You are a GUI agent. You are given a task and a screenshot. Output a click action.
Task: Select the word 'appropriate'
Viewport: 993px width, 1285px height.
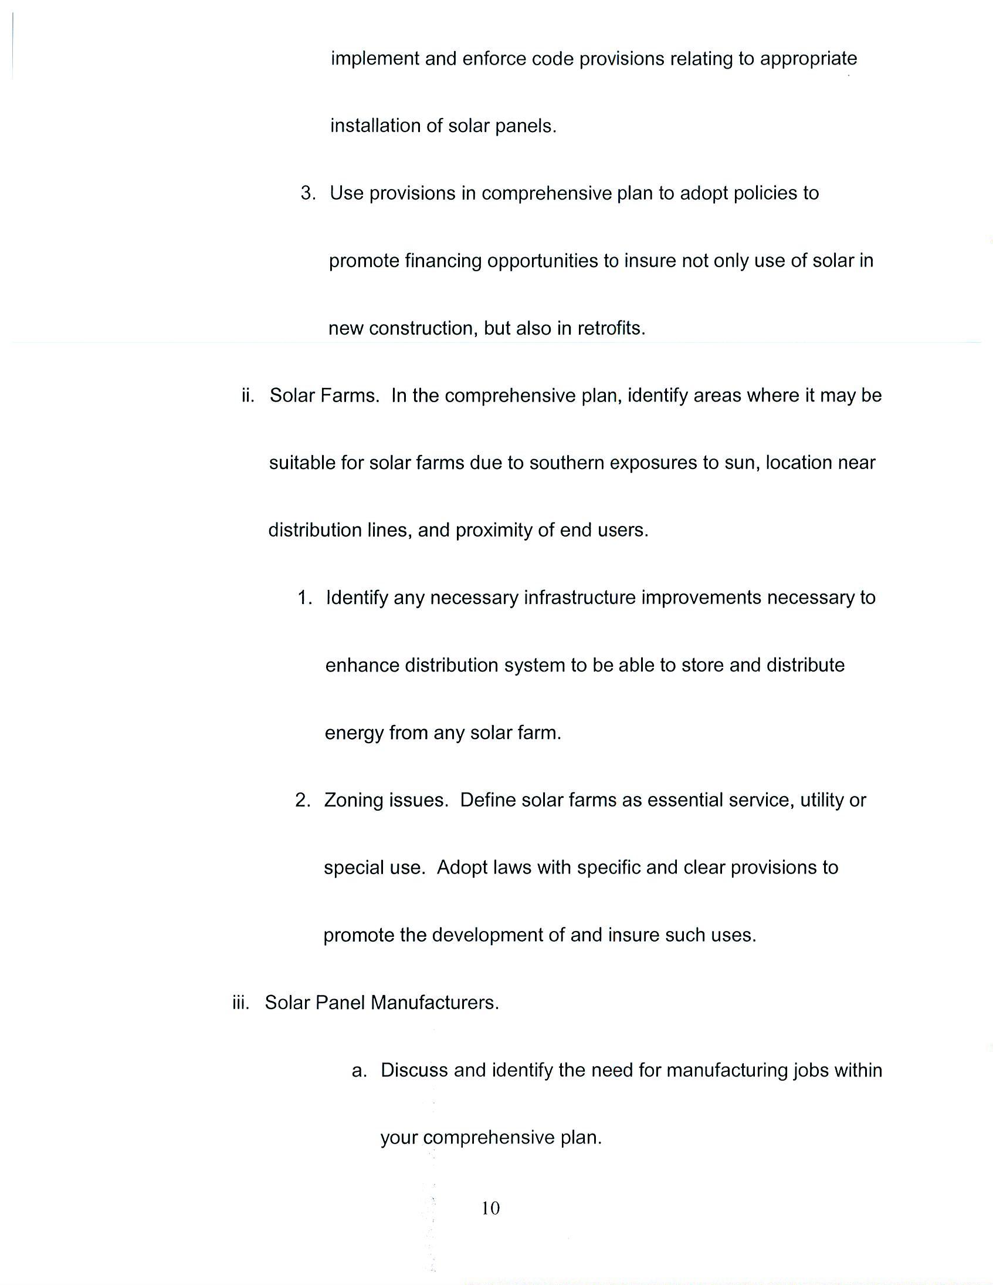(808, 59)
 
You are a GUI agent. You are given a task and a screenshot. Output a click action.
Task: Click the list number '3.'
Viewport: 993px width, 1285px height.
(308, 193)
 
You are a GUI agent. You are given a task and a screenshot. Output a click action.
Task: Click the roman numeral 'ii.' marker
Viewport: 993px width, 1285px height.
(248, 396)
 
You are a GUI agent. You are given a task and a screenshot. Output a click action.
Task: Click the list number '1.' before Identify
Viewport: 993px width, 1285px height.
(304, 598)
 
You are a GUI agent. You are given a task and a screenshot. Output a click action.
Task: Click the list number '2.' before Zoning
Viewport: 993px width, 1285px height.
(303, 800)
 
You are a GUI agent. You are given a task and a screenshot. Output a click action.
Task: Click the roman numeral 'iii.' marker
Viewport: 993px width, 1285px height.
(241, 1003)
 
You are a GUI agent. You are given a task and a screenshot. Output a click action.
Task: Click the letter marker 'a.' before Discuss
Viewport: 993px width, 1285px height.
(359, 1070)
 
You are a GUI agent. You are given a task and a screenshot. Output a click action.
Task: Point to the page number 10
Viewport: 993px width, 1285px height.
(490, 1209)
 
